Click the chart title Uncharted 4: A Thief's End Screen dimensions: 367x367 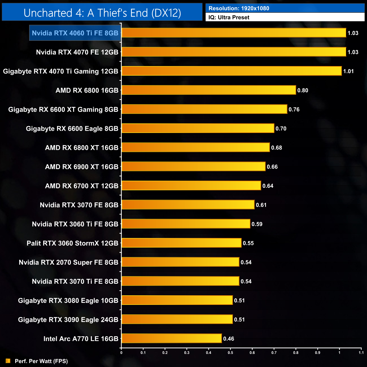(x=102, y=13)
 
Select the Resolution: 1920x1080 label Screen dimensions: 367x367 (x=239, y=8)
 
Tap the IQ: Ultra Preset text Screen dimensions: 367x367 (x=229, y=17)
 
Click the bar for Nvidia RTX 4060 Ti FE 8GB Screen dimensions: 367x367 (x=234, y=33)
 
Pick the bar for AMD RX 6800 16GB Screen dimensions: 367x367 (x=209, y=90)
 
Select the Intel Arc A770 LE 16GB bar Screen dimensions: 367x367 (x=172, y=338)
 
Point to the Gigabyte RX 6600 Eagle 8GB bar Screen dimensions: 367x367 (x=198, y=128)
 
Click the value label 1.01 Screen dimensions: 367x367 (x=348, y=71)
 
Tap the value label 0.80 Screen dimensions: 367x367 (x=303, y=90)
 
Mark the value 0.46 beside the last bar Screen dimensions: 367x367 (x=228, y=338)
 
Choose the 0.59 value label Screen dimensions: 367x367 (x=257, y=224)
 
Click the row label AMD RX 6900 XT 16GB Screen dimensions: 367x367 (x=82, y=167)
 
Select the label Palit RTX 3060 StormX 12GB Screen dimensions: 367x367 (x=72, y=243)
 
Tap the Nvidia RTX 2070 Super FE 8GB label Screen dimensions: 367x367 (x=68, y=262)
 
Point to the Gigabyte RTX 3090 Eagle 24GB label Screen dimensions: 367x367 (x=68, y=320)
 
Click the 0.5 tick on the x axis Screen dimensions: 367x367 (x=230, y=353)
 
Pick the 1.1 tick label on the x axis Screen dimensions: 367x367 (x=361, y=353)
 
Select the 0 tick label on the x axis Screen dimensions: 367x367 (x=121, y=353)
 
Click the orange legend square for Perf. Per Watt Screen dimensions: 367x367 (x=8, y=361)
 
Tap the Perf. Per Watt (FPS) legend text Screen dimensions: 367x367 (x=41, y=361)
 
